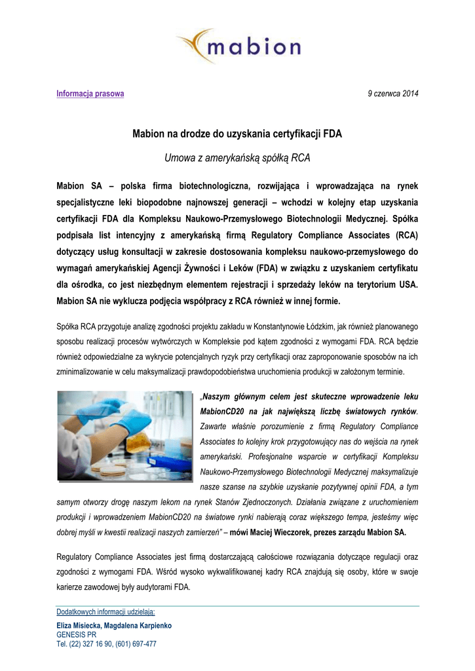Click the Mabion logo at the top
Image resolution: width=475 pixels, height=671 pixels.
pos(238,46)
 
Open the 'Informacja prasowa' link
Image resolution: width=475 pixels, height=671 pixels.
pos(90,94)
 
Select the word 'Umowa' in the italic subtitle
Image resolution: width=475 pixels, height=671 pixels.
pos(179,158)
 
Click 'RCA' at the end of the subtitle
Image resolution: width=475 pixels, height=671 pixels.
pos(301,158)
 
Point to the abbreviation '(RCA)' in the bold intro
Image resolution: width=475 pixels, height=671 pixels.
pos(403,234)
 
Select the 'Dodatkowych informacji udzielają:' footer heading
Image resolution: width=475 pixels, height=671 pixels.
pos(105,612)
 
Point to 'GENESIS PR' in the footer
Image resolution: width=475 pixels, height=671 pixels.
pos(76,635)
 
